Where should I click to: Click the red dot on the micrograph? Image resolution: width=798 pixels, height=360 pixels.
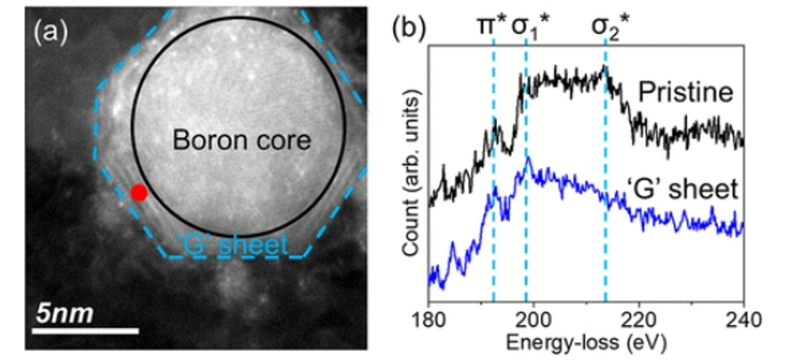(x=139, y=192)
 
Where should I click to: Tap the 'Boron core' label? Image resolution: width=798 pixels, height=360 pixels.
(x=240, y=140)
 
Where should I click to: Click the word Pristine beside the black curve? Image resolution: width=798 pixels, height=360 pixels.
(x=685, y=92)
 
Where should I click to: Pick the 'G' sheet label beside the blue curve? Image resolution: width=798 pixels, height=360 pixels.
(x=692, y=188)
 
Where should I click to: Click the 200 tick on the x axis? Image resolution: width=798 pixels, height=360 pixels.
(x=533, y=320)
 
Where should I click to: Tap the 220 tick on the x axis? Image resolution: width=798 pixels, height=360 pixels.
(x=638, y=320)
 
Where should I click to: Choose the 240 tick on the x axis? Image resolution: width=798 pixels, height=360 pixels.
(x=743, y=320)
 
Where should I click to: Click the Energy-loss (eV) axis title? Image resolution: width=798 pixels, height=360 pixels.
(x=586, y=341)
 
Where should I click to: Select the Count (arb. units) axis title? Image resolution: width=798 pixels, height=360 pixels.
(x=410, y=190)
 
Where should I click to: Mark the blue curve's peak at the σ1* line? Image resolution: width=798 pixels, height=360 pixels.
(x=529, y=159)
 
